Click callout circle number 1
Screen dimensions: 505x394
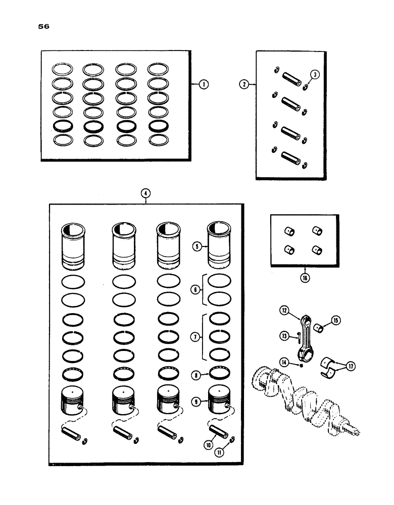click(x=204, y=85)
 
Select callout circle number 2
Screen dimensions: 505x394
click(x=244, y=85)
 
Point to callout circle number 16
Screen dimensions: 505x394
click(x=305, y=277)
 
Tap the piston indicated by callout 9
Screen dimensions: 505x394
click(x=220, y=399)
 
